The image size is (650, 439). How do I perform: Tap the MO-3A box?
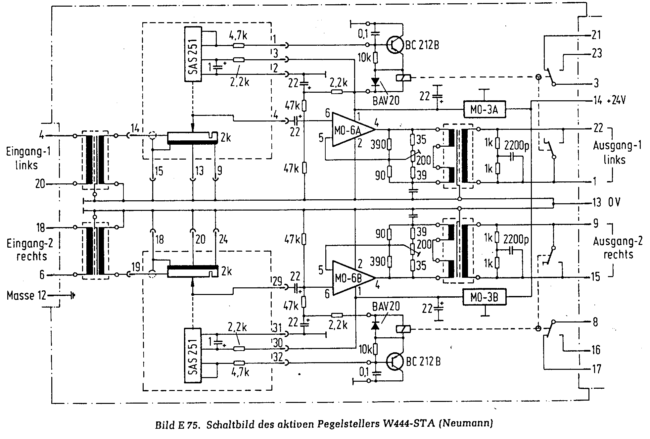(485, 109)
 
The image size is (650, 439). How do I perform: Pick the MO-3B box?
(485, 298)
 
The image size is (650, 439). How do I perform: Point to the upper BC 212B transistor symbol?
(395, 45)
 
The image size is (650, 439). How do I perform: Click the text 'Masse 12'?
(26, 295)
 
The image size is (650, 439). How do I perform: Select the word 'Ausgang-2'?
(618, 241)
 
